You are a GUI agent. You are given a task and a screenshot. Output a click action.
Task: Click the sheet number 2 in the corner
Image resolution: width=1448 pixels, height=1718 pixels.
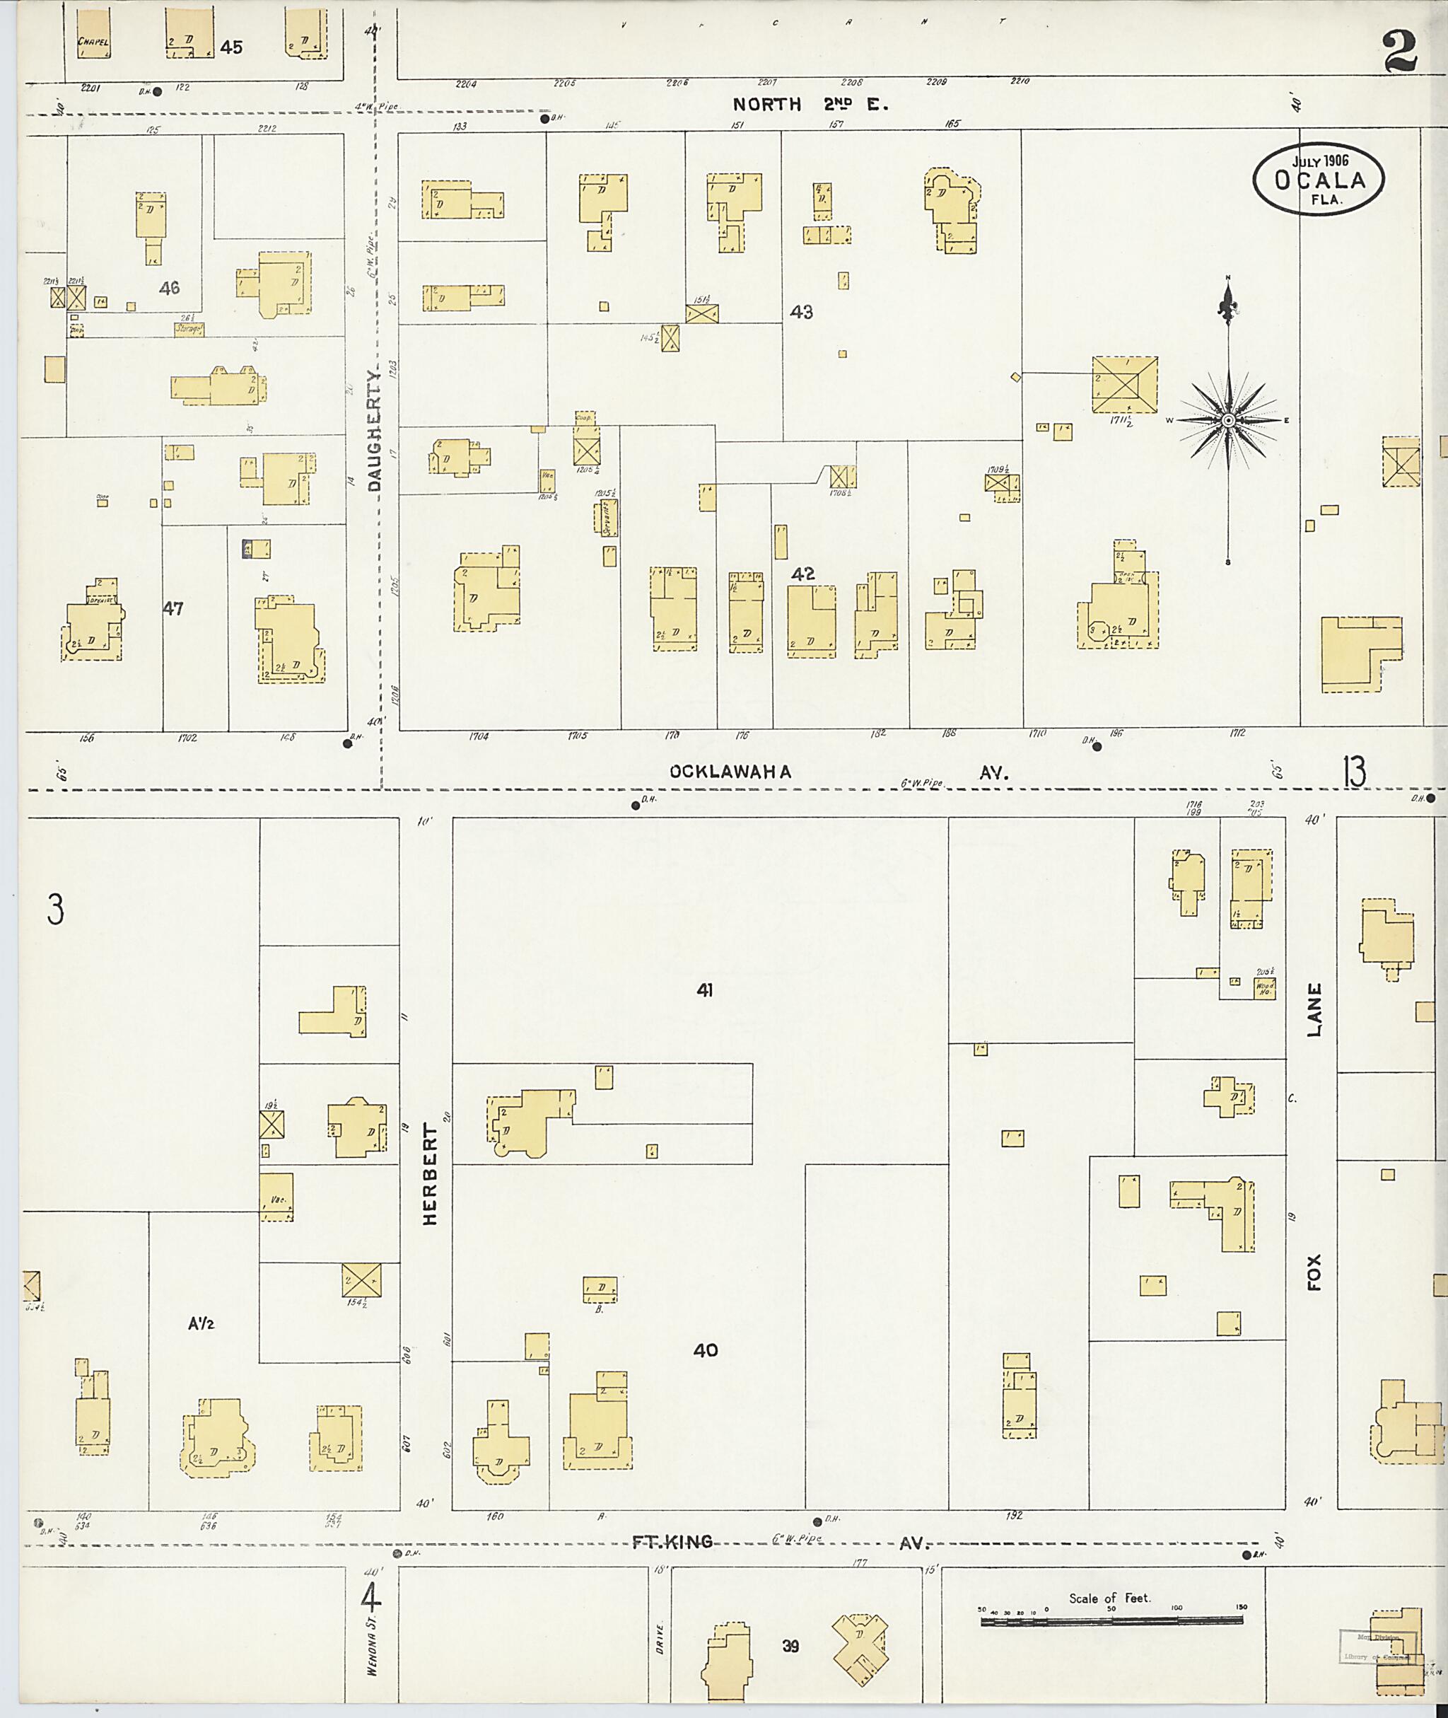click(1400, 51)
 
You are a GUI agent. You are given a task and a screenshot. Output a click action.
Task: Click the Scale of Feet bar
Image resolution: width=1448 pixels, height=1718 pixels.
click(1111, 1620)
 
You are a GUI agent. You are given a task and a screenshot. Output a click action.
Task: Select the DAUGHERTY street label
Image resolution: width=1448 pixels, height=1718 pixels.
click(375, 431)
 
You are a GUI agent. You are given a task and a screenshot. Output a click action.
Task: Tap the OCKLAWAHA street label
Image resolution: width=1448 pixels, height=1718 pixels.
click(730, 772)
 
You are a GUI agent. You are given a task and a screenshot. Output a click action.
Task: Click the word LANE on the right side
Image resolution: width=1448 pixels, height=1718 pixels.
click(1314, 1009)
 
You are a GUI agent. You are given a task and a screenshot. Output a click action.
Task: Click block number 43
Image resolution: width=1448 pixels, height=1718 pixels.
click(800, 312)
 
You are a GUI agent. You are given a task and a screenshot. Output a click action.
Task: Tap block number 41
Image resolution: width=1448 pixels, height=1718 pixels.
click(704, 990)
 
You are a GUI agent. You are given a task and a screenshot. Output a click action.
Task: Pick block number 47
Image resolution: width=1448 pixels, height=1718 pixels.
click(173, 608)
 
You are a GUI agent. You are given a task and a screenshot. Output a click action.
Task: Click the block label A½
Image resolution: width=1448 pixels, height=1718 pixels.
click(201, 1323)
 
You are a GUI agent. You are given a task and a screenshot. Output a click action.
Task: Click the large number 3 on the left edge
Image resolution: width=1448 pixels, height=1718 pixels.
click(55, 910)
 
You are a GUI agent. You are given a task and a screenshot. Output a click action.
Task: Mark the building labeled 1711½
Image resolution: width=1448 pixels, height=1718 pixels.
click(1125, 383)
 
